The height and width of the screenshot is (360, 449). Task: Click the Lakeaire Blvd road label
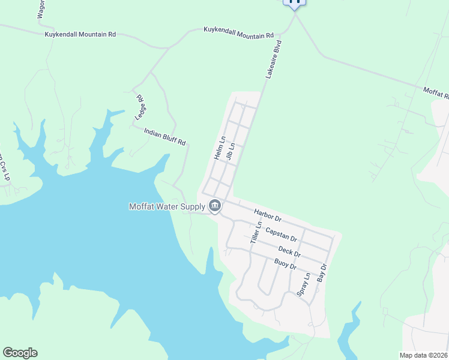click(274, 61)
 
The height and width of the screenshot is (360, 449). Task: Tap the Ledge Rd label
click(141, 105)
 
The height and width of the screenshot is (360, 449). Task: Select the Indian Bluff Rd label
click(165, 136)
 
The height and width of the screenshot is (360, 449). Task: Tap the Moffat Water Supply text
click(167, 207)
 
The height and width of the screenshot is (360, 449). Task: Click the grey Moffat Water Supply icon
click(215, 207)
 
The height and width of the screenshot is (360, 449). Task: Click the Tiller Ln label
click(256, 233)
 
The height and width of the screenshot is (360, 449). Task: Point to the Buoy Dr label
click(285, 263)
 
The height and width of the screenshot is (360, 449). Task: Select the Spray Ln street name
click(304, 284)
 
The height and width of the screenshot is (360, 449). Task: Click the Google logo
click(20, 353)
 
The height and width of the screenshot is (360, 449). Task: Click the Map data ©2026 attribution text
click(423, 355)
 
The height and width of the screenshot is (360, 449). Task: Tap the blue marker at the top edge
click(294, 2)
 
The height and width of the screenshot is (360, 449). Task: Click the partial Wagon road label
click(41, 10)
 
